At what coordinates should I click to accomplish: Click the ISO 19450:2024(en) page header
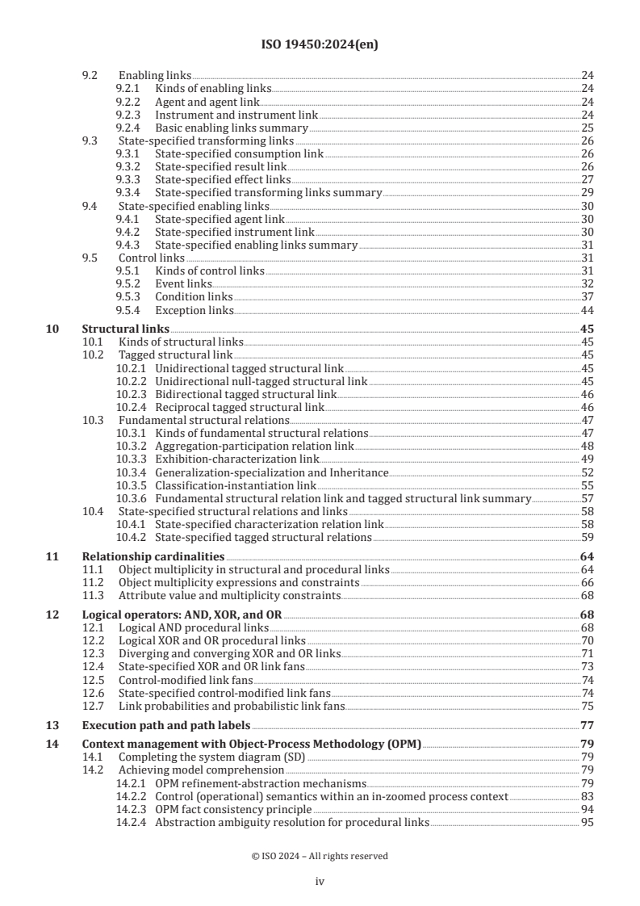pos(320,45)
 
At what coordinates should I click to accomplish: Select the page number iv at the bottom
pos(320,882)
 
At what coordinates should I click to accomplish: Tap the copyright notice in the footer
pos(320,856)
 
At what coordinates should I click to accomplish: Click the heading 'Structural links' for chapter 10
pos(126,329)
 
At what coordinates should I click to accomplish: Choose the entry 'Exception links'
pos(194,310)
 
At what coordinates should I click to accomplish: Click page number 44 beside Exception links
pos(588,310)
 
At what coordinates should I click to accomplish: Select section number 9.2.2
pos(128,102)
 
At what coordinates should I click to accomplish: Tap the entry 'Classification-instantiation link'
pos(235,486)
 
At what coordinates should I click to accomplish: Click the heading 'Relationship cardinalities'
pos(153,557)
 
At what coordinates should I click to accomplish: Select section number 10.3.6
pos(132,499)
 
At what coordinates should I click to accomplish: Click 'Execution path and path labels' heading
pos(166,725)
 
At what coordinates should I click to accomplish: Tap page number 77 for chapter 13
pos(588,725)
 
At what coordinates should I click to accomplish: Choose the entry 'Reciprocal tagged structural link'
pos(239,408)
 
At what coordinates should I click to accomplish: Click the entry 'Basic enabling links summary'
pos(231,128)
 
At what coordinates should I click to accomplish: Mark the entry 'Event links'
pos(183,284)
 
